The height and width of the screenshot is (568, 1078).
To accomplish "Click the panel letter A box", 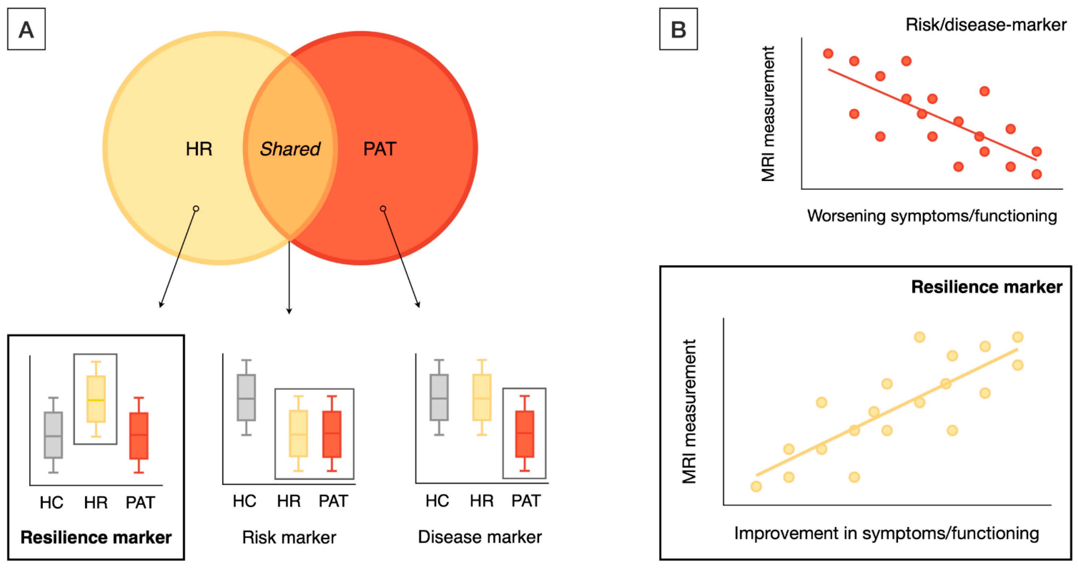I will pos(26,29).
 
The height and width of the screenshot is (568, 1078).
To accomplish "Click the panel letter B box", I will pos(678,29).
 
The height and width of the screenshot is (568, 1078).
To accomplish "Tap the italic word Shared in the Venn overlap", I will pos(290,149).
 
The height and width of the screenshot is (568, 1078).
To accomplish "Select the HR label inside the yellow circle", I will pos(199,149).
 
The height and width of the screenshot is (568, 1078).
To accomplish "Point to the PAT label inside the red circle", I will pos(380,149).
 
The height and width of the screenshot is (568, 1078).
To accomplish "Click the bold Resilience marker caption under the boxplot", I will pos(96,537).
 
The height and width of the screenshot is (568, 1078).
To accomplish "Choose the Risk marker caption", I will pos(289,537).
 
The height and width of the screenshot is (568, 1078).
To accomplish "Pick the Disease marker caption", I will pos(479,537).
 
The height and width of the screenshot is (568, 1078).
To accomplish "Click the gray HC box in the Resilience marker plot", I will pos(53,435).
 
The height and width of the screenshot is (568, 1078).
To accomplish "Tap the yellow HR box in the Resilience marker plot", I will pos(96,399).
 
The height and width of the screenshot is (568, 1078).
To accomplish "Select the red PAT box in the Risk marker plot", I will pos(332,434).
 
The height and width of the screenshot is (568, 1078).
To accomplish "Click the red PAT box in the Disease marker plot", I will pos(524,434).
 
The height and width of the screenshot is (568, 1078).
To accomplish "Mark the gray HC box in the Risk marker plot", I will pos(246,397).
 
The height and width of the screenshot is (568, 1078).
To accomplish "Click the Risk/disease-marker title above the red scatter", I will pos(985,25).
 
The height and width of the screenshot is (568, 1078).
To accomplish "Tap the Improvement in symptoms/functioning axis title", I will pos(886,534).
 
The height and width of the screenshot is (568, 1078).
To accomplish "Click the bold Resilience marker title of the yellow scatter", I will pos(986,287).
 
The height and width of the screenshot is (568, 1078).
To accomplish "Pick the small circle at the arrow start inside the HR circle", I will pos(196,208).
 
